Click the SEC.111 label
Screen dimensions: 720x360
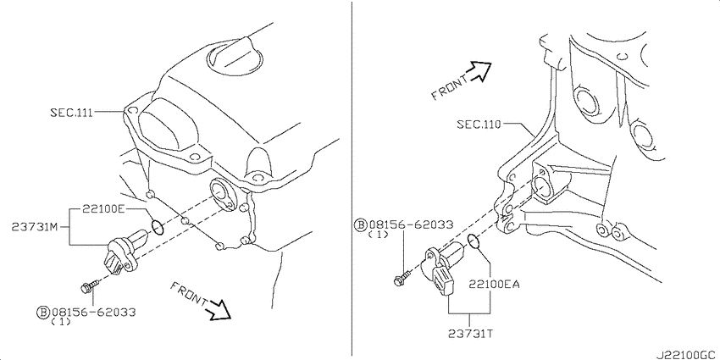point(72,112)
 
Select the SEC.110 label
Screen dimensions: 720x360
point(479,124)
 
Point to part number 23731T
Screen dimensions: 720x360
point(470,334)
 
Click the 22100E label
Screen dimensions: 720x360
point(103,210)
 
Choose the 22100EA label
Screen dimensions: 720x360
point(495,285)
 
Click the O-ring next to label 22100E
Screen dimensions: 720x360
point(157,227)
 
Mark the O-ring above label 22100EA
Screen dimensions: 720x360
point(474,241)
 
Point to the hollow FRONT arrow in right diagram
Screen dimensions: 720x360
point(479,72)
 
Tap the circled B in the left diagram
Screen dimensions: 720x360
point(42,313)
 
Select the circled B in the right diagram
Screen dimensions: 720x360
point(361,224)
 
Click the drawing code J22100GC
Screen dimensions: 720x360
point(686,354)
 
